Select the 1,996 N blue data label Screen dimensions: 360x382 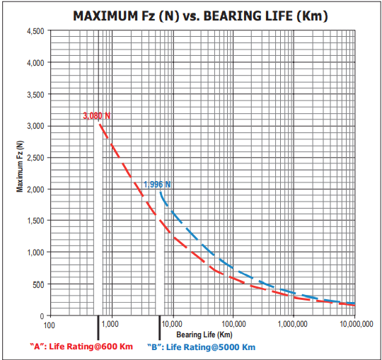(157, 185)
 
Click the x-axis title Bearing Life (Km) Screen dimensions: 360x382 (204, 334)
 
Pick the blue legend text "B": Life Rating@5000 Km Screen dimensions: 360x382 (201, 347)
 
